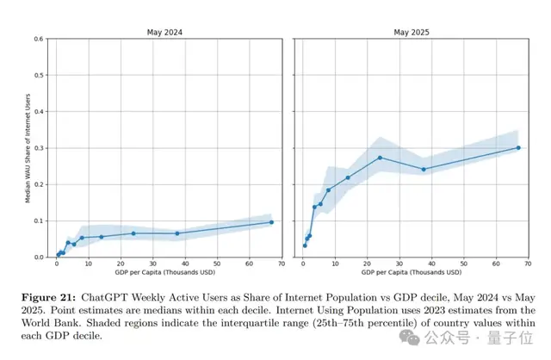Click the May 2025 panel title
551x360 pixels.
click(x=412, y=32)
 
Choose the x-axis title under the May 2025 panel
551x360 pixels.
click(x=412, y=275)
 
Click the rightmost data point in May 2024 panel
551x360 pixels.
click(x=271, y=222)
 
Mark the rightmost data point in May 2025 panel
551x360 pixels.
click(x=518, y=147)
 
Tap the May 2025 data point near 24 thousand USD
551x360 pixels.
click(x=380, y=158)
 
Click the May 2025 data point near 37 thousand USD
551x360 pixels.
click(x=424, y=169)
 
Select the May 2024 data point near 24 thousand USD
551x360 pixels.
click(x=133, y=233)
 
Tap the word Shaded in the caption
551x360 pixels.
click(x=84, y=322)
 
